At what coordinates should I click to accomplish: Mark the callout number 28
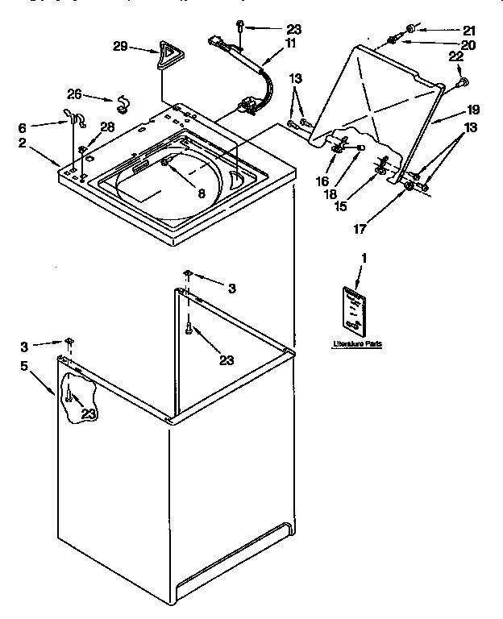pyautogui.click(x=106, y=127)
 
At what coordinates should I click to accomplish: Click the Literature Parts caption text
pyautogui.click(x=357, y=343)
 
